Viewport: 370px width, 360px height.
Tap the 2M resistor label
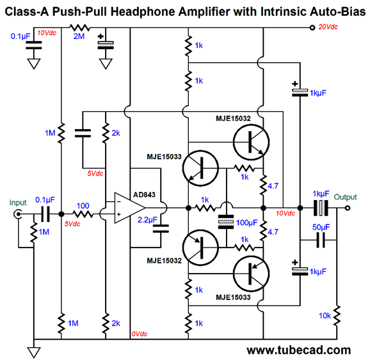pos(79,36)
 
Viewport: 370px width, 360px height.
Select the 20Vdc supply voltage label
pos(328,27)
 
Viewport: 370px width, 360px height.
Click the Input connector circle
pos(18,214)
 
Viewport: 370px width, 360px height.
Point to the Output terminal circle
pos(348,208)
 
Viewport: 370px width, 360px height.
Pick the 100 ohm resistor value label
pos(83,206)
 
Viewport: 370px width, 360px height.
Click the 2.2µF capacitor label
pos(147,220)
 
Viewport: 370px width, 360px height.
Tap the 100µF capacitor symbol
pos(226,222)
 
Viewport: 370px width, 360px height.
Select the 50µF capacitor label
pos(321,227)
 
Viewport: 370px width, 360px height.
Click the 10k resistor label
pos(325,315)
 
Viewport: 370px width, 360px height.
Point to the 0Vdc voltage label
pos(139,334)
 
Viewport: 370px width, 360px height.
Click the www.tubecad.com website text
pos(298,350)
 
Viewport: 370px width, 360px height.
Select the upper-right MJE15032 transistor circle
pos(251,142)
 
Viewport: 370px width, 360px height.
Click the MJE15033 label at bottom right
pos(233,297)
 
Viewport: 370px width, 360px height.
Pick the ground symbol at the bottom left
pos(34,352)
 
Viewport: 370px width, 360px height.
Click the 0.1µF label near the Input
pos(45,200)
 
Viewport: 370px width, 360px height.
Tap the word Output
pos(345,197)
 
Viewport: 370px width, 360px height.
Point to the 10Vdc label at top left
pos(47,33)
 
